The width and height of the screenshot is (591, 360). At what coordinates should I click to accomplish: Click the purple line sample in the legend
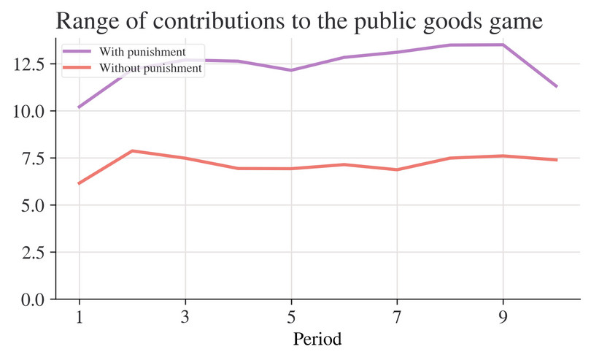click(x=78, y=53)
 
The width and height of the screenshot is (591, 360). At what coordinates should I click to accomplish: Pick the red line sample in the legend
click(x=78, y=68)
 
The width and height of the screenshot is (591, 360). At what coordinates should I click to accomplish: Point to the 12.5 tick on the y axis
click(x=28, y=64)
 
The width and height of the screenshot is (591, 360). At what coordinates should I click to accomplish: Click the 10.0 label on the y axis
click(x=28, y=111)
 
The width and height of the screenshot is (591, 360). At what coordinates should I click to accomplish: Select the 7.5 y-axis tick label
click(x=33, y=158)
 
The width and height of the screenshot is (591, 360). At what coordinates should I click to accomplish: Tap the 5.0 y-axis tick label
click(x=33, y=205)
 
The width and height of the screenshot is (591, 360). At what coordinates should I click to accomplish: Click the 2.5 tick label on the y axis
click(x=33, y=253)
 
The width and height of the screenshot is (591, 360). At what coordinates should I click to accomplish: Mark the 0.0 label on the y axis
click(x=33, y=299)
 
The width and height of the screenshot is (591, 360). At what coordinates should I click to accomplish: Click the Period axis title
click(x=317, y=340)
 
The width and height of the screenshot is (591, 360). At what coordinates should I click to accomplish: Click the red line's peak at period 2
click(x=131, y=151)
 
